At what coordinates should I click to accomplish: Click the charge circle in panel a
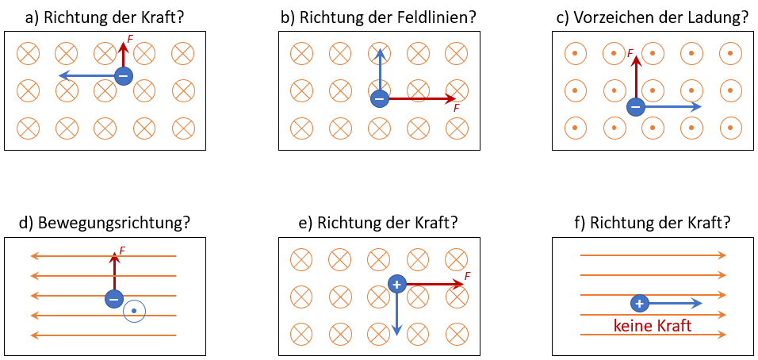(123, 76)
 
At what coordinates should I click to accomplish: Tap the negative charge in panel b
(379, 99)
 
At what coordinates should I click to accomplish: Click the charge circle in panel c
(635, 105)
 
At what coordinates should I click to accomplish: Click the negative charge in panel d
(114, 299)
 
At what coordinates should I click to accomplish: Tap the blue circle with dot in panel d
(135, 311)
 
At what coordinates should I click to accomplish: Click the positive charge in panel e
(397, 284)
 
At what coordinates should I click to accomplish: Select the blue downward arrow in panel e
(397, 313)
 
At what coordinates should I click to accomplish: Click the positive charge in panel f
(640, 303)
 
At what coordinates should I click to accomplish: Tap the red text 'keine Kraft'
(652, 326)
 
